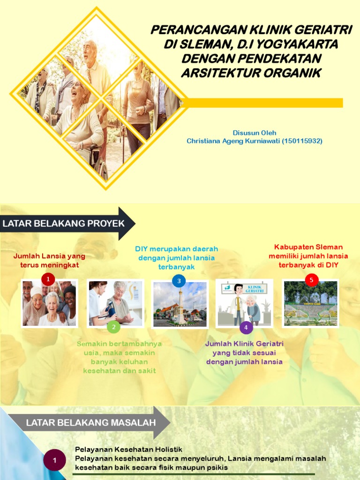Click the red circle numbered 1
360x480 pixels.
[x=48, y=279]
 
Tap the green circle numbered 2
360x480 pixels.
[x=113, y=327]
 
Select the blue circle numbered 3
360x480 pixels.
[x=179, y=281]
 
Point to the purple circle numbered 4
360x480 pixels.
[x=246, y=327]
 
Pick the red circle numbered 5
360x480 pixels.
[x=311, y=280]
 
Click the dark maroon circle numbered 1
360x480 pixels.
[x=54, y=460]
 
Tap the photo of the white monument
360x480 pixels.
[x=180, y=305]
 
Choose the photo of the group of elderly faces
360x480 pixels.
[x=49, y=304]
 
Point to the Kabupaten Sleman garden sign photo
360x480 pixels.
[x=311, y=304]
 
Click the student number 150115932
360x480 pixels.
[x=302, y=141]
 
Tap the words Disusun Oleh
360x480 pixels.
[x=255, y=133]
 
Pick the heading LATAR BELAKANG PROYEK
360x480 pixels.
[x=64, y=224]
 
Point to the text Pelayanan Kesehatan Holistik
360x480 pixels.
[x=128, y=449]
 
